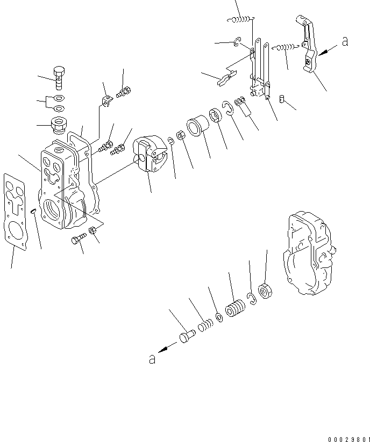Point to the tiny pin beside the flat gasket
(x=33, y=211)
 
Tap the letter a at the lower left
(x=153, y=359)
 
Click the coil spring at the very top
(x=240, y=20)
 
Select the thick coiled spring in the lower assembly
(x=234, y=310)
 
